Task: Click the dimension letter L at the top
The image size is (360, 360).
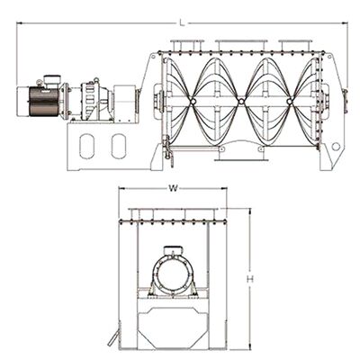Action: point(181,22)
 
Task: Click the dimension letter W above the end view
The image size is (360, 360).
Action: point(173,188)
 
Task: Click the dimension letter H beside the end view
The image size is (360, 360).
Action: point(250,279)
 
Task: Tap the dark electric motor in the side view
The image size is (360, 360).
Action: point(43,102)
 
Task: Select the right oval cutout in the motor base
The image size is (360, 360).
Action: point(119,146)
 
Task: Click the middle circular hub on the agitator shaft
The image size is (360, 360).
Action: point(241,102)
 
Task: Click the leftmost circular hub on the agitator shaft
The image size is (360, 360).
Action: point(193,102)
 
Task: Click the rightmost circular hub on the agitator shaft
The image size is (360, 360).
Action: point(289,102)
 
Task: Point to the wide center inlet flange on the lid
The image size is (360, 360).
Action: point(241,46)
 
